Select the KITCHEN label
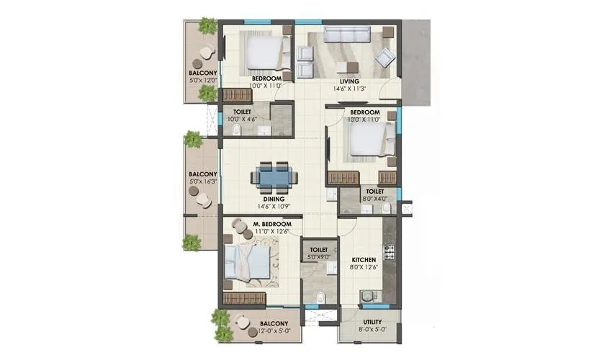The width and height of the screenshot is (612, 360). [x=364, y=259]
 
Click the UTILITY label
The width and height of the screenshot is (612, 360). [x=372, y=322]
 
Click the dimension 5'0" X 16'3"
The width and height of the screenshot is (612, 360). [x=202, y=181]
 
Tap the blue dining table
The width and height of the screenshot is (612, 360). [x=273, y=176]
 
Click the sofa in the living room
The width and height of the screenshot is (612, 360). [x=346, y=35]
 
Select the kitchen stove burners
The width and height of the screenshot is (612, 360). [x=390, y=252]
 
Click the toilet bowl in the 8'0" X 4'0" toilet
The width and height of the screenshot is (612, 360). [x=386, y=208]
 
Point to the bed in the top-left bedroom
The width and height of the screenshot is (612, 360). [x=264, y=52]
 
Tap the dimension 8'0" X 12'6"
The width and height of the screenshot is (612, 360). [x=364, y=267]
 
